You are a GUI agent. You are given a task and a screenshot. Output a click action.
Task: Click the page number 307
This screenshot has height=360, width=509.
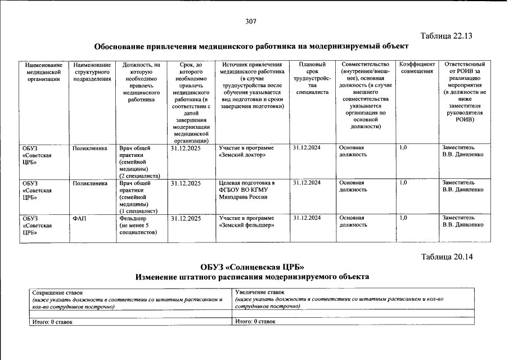[x=251, y=21]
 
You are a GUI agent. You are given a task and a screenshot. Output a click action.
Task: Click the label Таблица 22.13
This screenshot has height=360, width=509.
[x=447, y=36]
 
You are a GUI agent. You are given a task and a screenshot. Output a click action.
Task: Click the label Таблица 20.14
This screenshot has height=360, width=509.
[x=447, y=257]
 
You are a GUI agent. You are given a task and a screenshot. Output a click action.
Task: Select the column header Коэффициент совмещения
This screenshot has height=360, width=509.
[x=417, y=67]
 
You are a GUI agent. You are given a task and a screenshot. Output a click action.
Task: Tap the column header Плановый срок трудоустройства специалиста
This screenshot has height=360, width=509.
[x=312, y=78]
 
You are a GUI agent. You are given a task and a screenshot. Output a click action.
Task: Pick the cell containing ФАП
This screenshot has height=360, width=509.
[x=80, y=218]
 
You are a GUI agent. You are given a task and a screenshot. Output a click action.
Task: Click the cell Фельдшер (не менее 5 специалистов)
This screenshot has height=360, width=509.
[x=139, y=224]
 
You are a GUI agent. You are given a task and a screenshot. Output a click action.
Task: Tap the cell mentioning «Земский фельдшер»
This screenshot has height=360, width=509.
[x=247, y=221]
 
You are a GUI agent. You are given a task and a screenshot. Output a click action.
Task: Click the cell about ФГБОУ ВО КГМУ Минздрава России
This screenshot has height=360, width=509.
[x=247, y=190]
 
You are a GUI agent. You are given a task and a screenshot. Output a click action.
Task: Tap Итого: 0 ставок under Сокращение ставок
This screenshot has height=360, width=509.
[x=52, y=322]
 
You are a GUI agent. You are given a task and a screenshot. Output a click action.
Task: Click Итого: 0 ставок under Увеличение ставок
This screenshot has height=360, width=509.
[x=255, y=321]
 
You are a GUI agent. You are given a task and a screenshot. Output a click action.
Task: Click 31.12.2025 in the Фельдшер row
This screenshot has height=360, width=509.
[x=186, y=218]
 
